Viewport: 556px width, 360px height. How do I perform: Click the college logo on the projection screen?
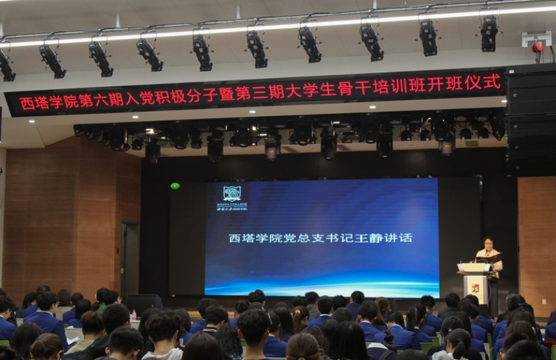click(231, 194)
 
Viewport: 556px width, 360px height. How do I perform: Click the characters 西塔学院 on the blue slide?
click(249, 238)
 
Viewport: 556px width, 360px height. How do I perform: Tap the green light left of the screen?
click(174, 186)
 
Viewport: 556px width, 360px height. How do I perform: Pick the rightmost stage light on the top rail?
click(489, 33)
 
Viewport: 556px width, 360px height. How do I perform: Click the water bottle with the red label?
click(133, 316)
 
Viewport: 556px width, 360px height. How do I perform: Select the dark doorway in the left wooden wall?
click(129, 261)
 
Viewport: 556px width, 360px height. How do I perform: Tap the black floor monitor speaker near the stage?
click(144, 302)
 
